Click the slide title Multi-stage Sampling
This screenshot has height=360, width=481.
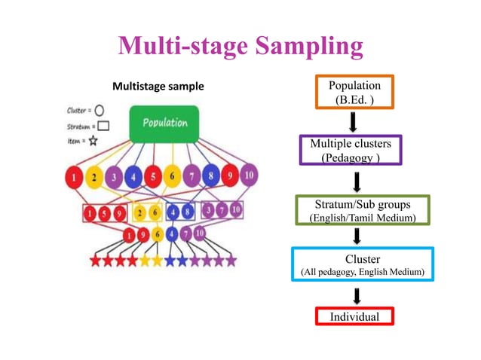pos(240,47)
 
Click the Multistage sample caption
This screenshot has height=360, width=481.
pos(158,87)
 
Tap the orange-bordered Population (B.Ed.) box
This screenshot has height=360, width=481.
pos(354,92)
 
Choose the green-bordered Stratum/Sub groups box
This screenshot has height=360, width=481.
pos(363,210)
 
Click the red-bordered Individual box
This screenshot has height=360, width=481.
pos(354,317)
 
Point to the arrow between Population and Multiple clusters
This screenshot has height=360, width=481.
pos(354,121)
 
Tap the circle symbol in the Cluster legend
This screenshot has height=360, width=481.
pos(99,110)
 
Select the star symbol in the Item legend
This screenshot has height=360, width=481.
pos(93,140)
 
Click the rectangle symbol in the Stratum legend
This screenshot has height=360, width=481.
pos(103,125)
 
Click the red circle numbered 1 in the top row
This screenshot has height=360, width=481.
pos(74,179)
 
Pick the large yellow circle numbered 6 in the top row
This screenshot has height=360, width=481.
pos(171,178)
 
